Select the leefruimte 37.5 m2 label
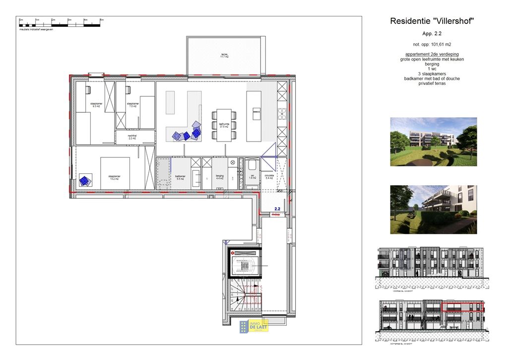coord(224,126)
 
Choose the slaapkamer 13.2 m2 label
coord(115,177)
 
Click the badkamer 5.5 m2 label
coord(180,177)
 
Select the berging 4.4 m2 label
coord(220,177)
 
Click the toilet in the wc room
coord(251,165)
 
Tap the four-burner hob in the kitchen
coord(282,114)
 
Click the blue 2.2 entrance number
coord(278,209)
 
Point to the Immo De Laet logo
coord(254,326)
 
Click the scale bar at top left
coord(61,23)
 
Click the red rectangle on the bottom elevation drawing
coord(463,306)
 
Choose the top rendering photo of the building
coord(433,142)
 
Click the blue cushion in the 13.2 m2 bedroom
coord(85,181)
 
